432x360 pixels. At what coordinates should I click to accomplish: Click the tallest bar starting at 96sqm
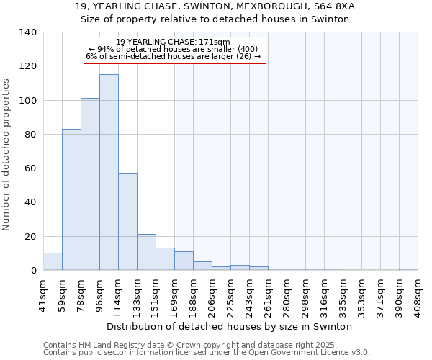(x=109, y=173)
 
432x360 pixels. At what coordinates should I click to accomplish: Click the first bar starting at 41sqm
(x=53, y=262)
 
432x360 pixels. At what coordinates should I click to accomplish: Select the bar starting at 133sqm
(x=146, y=253)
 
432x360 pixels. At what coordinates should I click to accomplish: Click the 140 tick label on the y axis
(x=27, y=32)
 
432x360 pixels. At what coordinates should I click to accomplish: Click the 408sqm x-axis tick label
(x=418, y=294)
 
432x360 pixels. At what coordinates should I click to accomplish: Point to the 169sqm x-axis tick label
(x=174, y=294)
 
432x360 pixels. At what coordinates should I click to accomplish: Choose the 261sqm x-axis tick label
(x=268, y=294)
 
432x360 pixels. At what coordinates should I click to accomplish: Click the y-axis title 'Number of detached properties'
(x=6, y=155)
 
